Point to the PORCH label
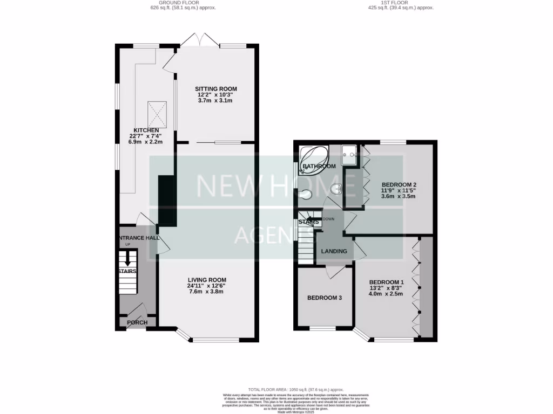pos(137,323)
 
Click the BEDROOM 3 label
pos(325,298)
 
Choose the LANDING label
pos(334,252)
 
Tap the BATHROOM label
pos(319,167)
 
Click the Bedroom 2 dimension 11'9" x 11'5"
pos(399,190)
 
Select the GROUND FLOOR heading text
pos(167,3)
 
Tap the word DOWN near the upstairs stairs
pos(329,219)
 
